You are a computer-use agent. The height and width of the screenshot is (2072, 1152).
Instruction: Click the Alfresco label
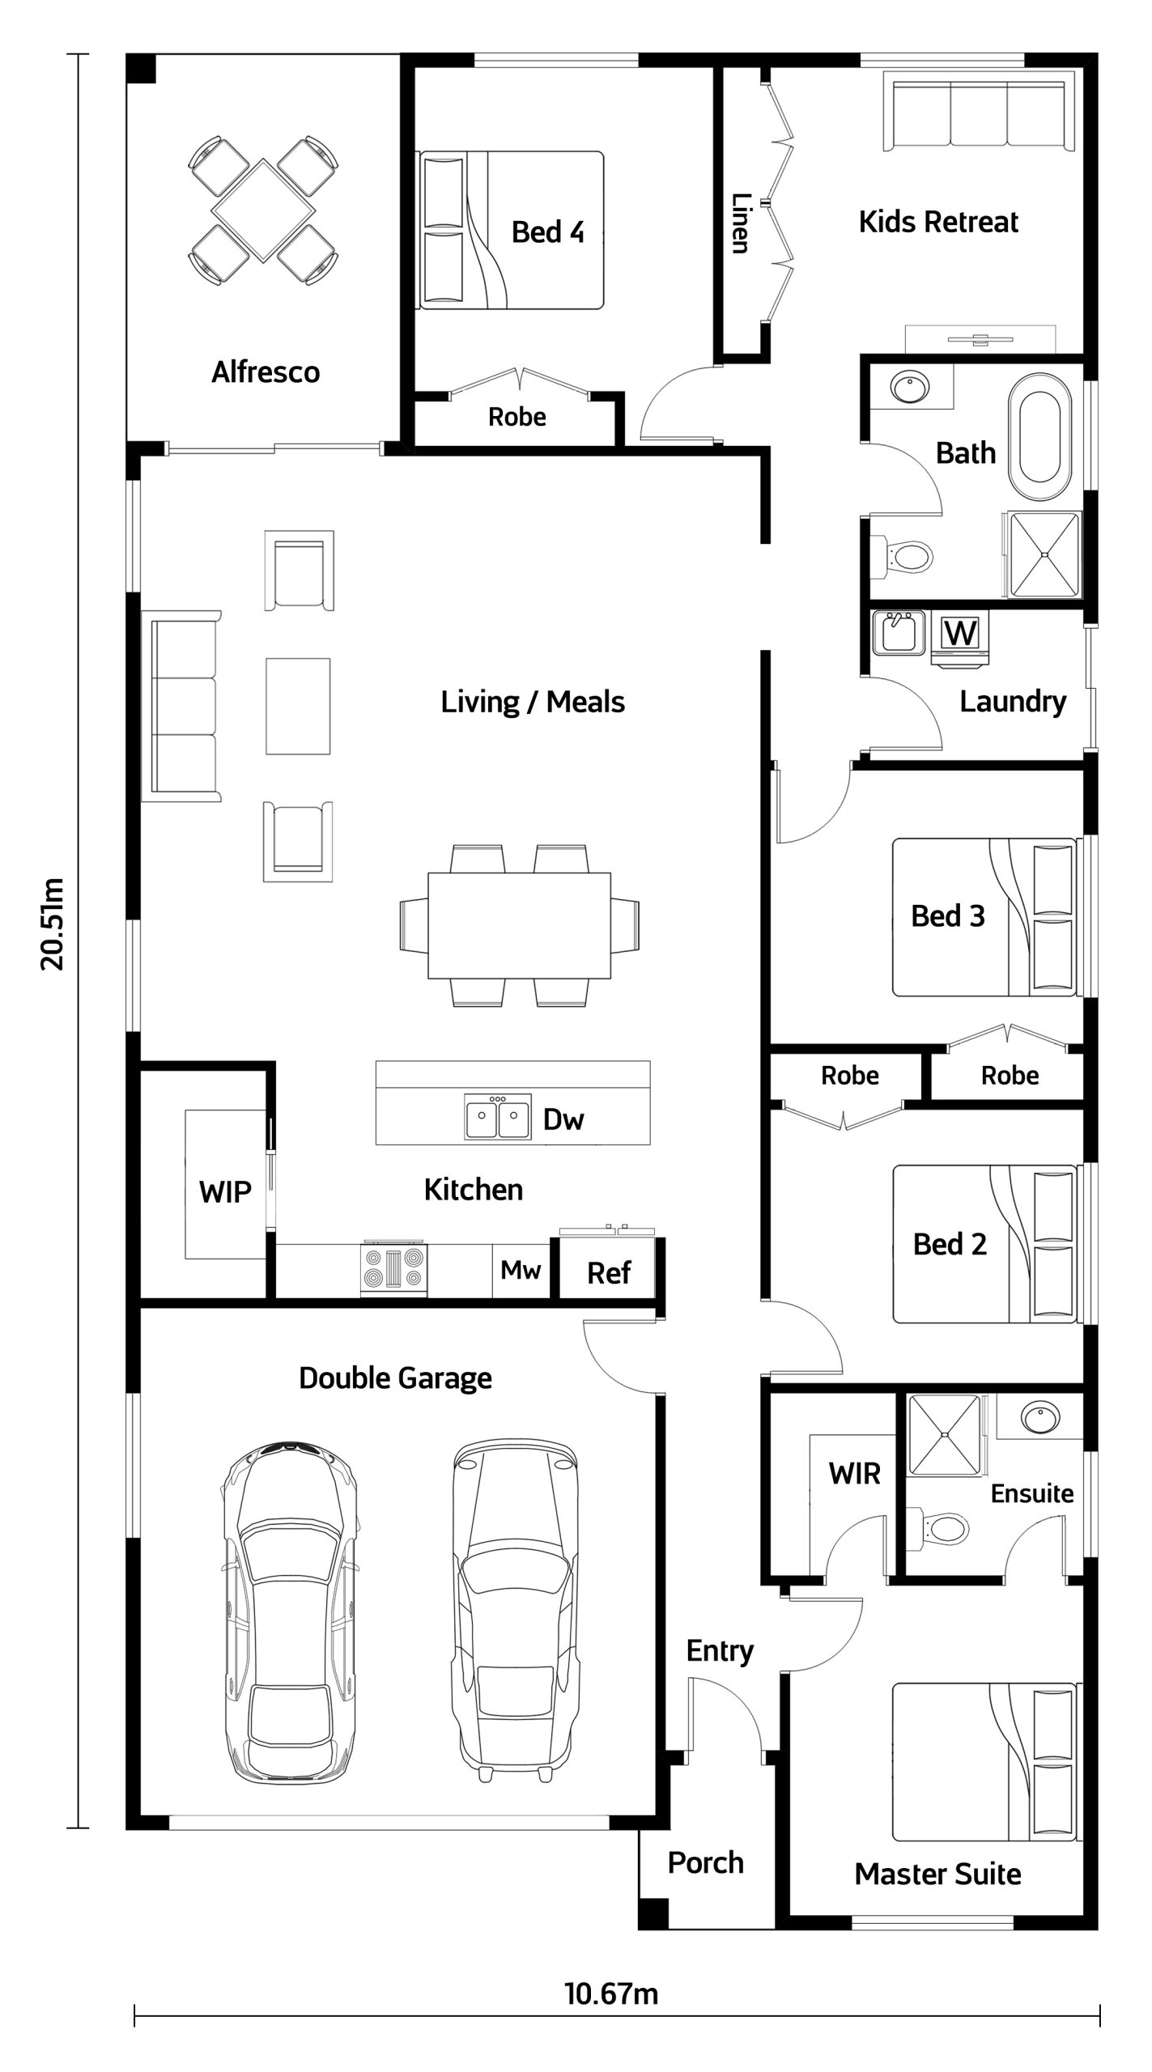266,372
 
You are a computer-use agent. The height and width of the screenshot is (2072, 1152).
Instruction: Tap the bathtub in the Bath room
1044,438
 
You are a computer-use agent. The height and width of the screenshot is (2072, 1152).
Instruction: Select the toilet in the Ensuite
939,1528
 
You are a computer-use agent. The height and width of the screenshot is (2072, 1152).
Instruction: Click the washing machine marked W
961,635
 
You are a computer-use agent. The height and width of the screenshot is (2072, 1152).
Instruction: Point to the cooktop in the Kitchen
393,1267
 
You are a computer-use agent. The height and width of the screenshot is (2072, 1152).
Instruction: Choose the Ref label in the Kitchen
609,1273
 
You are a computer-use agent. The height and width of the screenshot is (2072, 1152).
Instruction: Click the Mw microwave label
521,1270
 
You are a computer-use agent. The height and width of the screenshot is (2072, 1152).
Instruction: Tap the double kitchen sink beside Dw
497,1116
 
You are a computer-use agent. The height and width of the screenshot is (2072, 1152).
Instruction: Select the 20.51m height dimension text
53,923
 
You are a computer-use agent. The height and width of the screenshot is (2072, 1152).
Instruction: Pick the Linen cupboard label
740,223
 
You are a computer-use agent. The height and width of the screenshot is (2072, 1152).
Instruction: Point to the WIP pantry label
225,1191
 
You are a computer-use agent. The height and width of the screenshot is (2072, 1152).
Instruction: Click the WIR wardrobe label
854,1474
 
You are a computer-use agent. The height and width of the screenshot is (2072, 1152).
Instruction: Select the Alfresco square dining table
263,210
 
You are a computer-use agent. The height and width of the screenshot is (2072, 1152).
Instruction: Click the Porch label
706,1862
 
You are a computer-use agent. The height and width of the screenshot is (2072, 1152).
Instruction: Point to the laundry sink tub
899,633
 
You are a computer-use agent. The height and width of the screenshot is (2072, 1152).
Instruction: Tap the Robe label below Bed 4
517,417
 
